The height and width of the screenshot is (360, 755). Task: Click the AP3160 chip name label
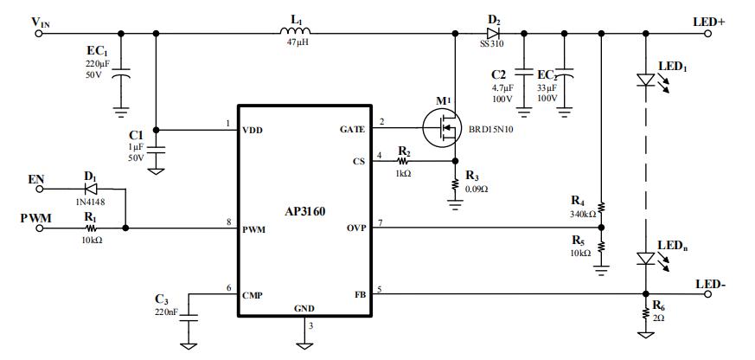pyautogui.click(x=304, y=210)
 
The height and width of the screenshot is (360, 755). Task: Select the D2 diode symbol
pyautogui.click(x=493, y=33)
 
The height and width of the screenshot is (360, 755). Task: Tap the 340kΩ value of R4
pyautogui.click(x=583, y=214)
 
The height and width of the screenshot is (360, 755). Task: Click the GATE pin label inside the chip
pyautogui.click(x=354, y=129)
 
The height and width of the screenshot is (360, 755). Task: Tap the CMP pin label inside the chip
pyautogui.click(x=253, y=295)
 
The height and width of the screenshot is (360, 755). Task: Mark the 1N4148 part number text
pyautogui.click(x=90, y=201)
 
